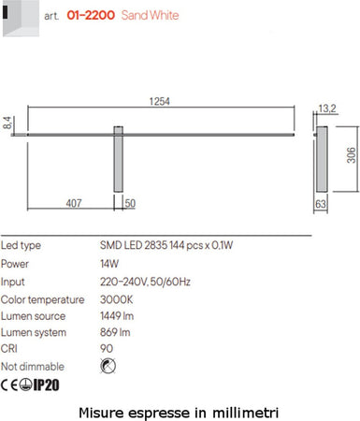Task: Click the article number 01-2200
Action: [93, 16]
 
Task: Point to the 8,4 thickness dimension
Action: [7, 123]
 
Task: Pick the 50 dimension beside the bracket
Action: [130, 203]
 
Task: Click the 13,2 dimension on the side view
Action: [327, 109]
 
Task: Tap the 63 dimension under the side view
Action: [321, 203]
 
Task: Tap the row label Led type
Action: [21, 246]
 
